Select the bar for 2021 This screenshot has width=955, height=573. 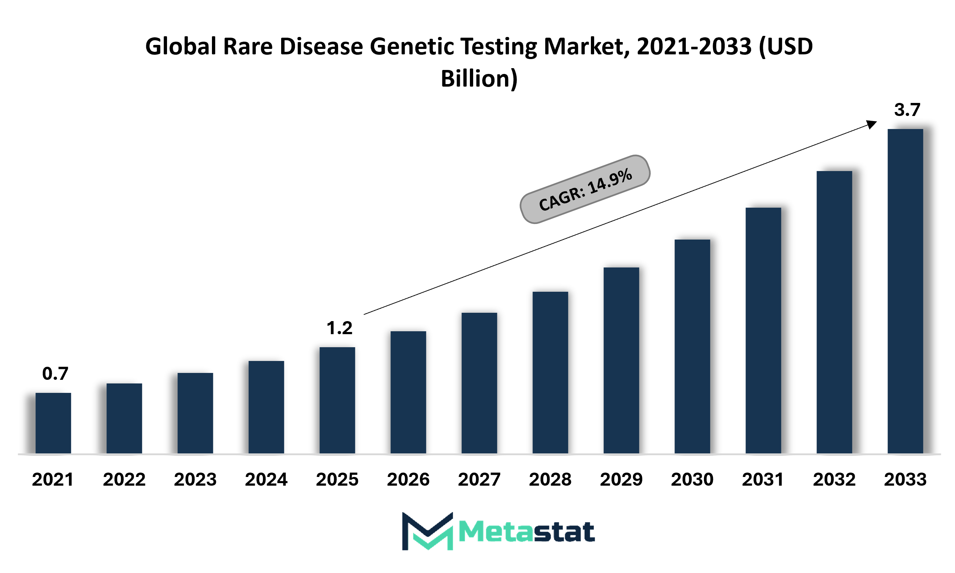(53, 423)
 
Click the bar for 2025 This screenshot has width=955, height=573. (337, 400)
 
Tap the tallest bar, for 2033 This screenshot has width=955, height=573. (905, 291)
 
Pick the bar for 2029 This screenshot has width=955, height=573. (621, 360)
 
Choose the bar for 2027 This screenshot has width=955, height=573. (479, 383)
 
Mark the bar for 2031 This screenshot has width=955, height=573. (763, 331)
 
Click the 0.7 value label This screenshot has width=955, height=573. (55, 373)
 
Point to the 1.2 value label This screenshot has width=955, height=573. (339, 328)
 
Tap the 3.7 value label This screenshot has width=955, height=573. (907, 110)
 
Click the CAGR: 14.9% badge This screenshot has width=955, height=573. (585, 189)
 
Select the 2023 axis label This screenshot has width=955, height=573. (195, 479)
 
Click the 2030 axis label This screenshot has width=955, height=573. (692, 479)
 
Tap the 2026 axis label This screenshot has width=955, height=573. (408, 479)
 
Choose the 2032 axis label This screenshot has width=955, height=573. (834, 479)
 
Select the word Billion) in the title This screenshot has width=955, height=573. (479, 79)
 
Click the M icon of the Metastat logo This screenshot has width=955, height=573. (428, 531)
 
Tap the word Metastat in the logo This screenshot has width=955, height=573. (527, 532)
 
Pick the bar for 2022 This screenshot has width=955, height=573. (124, 418)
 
